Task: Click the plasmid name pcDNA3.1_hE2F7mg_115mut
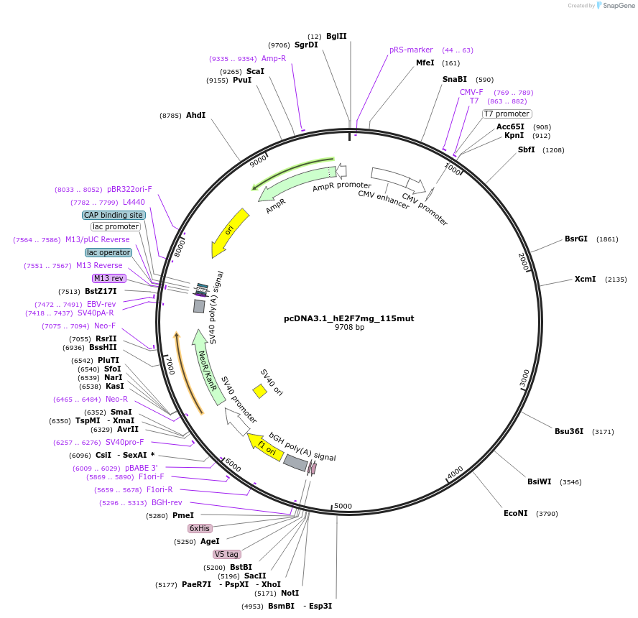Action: (x=348, y=318)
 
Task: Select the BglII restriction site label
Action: (x=336, y=36)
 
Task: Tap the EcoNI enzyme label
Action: (x=515, y=513)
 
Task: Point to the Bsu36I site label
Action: (x=568, y=431)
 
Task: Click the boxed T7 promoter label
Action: (x=507, y=114)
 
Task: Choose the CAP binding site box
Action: (x=114, y=215)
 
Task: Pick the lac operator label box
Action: (x=108, y=252)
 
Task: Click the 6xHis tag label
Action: (x=200, y=528)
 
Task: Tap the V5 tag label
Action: (x=226, y=554)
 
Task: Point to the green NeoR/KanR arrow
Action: (x=205, y=367)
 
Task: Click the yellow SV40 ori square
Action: (x=259, y=391)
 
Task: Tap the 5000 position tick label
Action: (x=343, y=506)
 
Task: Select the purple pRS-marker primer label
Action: (x=411, y=50)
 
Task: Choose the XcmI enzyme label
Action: (x=585, y=279)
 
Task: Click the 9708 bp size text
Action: (x=349, y=328)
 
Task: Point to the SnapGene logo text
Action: (x=618, y=6)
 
